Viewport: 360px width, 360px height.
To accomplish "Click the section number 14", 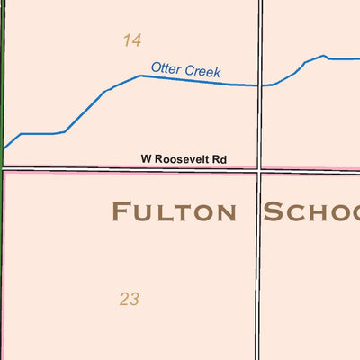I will [132, 40].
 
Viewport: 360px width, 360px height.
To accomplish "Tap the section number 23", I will [129, 299].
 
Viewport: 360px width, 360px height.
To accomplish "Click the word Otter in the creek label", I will [166, 67].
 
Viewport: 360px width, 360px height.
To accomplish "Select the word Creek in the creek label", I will [202, 71].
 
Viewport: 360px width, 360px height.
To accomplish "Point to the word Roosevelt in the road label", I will [184, 159].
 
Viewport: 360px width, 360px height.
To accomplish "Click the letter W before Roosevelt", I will [145, 159].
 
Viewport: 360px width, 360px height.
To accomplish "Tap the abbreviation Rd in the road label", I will [220, 159].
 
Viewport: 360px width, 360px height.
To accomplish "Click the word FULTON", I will [174, 212].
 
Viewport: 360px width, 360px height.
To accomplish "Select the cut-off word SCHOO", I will [311, 212].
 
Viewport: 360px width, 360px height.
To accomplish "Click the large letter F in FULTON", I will [119, 212].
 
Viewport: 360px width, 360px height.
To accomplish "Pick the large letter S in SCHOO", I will [273, 212].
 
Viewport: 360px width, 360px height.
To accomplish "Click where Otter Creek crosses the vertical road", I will [260, 85].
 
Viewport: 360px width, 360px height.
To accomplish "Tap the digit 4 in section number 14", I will [137, 40].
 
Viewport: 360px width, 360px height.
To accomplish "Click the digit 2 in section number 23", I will [124, 299].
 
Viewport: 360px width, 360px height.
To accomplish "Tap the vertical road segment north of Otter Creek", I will [260, 36].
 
